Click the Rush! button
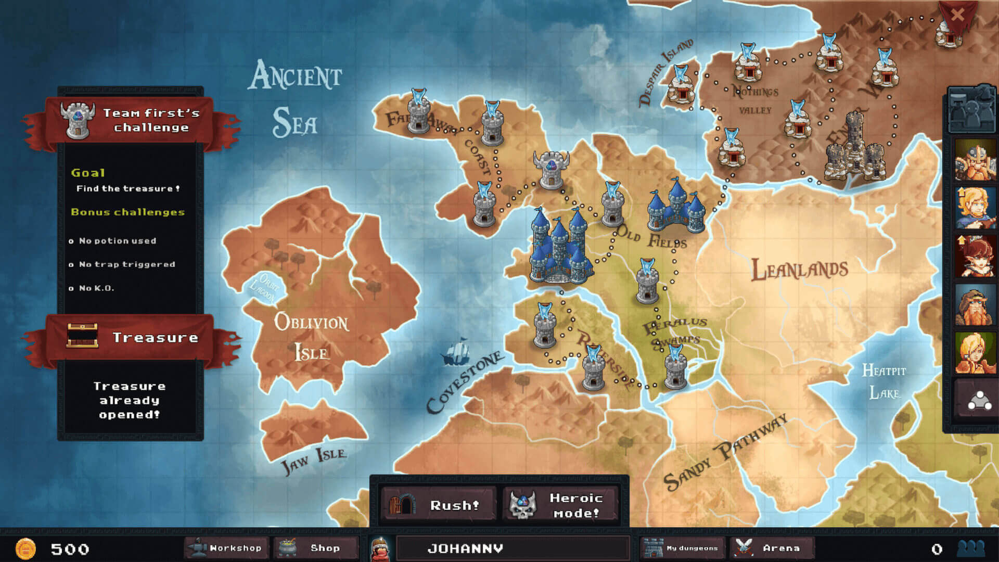438,504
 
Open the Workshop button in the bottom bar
226,548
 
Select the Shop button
316,548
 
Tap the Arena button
772,548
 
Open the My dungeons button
682,548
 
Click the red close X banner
957,15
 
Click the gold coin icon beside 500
25,548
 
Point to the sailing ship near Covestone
456,352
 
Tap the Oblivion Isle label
311,337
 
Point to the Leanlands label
799,270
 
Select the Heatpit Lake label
883,381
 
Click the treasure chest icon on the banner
82,336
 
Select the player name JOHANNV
465,548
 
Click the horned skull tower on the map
550,169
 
